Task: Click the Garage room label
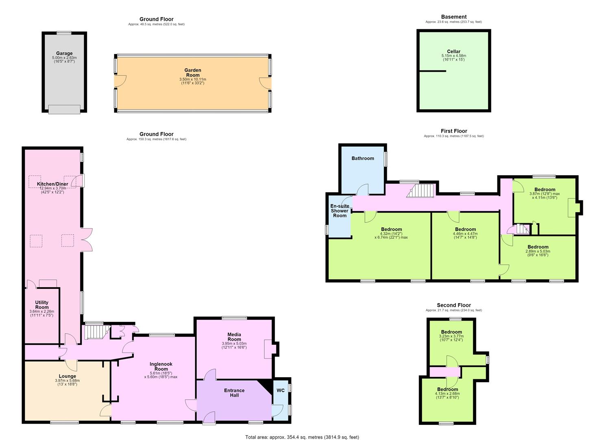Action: coord(64,53)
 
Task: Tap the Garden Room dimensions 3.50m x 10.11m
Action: coord(192,79)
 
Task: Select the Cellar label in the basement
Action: coord(454,51)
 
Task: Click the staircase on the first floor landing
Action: coord(421,191)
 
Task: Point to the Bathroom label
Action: coord(363,158)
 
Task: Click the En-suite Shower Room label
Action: coord(340,211)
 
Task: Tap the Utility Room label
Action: coord(42,305)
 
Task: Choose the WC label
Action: coord(280,390)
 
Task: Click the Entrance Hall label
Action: coord(234,393)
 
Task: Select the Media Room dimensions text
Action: coord(234,345)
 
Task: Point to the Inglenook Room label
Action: coord(161,366)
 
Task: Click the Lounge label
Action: coord(68,376)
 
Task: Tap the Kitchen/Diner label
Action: coord(52,184)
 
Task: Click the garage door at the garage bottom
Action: coord(64,110)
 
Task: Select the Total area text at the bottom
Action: coord(302,437)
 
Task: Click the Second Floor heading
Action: coord(454,305)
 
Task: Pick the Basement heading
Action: coord(454,17)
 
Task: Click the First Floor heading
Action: coord(454,131)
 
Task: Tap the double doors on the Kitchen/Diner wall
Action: coord(87,240)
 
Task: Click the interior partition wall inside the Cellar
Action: coord(433,71)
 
